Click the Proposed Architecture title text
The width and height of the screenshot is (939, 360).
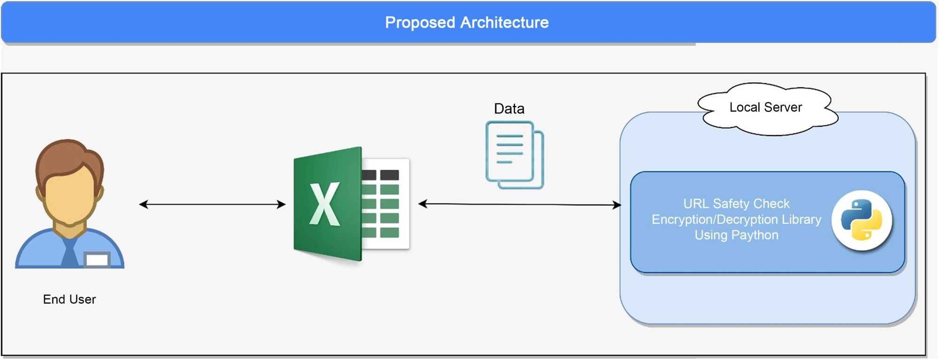[x=467, y=23]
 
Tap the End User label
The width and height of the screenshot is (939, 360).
[x=69, y=299]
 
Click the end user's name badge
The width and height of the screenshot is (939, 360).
[x=97, y=260]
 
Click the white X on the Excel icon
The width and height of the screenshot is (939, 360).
[x=324, y=205]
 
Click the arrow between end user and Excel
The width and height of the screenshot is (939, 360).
[x=212, y=204]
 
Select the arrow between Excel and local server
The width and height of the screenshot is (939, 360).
[x=519, y=204]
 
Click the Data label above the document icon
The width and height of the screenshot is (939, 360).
[x=509, y=109]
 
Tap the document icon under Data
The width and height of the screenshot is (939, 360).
[x=515, y=155]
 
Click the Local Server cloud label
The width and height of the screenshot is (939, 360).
[x=766, y=107]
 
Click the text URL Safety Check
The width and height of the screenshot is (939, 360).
[x=736, y=204]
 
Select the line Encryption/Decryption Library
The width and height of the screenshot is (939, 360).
[x=736, y=220]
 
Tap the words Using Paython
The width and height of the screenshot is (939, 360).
[x=736, y=235]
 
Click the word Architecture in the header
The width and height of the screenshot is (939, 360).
[x=504, y=23]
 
